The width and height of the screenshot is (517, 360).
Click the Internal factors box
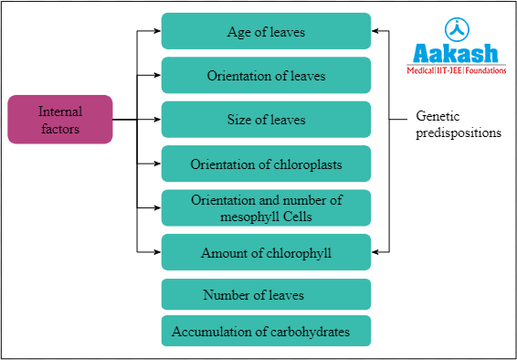60,120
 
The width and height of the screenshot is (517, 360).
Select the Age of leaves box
266,31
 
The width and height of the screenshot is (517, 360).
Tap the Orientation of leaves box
266,75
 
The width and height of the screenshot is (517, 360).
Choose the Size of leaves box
266,120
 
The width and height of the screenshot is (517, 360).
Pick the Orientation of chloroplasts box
266,164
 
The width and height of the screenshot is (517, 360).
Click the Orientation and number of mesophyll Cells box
266,207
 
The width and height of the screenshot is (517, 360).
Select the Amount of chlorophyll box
266,252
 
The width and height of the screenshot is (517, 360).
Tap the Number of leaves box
266,295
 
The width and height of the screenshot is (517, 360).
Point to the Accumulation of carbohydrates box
266,332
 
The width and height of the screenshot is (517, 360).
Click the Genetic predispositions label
458,124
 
